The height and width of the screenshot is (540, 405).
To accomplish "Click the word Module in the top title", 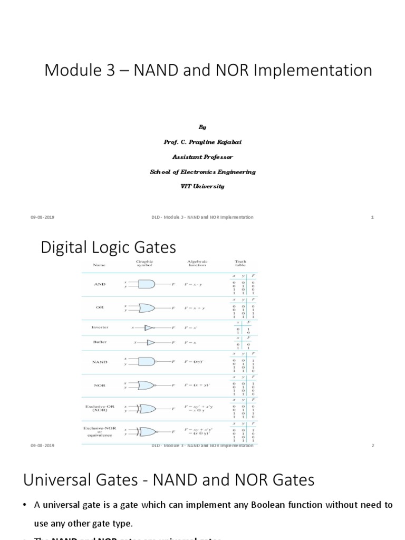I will pyautogui.click(x=70, y=70).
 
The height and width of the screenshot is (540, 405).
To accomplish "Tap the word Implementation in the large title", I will pyautogui.click(x=311, y=70).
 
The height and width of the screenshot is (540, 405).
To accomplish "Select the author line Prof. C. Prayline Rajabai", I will pyautogui.click(x=202, y=142).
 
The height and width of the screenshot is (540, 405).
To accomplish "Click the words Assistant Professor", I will pyautogui.click(x=202, y=157).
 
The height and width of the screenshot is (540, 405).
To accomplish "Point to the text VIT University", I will pyautogui.click(x=202, y=186).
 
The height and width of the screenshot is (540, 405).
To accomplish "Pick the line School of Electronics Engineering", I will pyautogui.click(x=202, y=171).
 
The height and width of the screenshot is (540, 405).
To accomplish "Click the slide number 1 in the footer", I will pyautogui.click(x=372, y=217).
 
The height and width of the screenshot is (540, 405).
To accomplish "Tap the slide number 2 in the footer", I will pyautogui.click(x=372, y=446).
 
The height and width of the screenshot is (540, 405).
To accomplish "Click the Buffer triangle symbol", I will pyautogui.click(x=150, y=342).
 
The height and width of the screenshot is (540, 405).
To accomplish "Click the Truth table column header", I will pyautogui.click(x=240, y=264).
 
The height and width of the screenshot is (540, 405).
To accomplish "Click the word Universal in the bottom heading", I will pyautogui.click(x=58, y=480).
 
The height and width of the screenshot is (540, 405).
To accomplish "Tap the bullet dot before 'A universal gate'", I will pyautogui.click(x=25, y=505).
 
